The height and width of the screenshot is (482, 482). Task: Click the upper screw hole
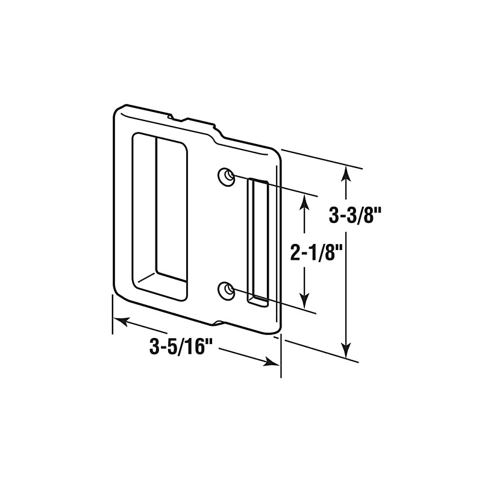(x=227, y=175)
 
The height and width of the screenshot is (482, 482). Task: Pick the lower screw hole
(x=227, y=290)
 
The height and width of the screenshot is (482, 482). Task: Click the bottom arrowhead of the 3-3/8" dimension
(x=345, y=349)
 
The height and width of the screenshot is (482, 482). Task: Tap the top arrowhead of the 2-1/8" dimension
(x=305, y=202)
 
